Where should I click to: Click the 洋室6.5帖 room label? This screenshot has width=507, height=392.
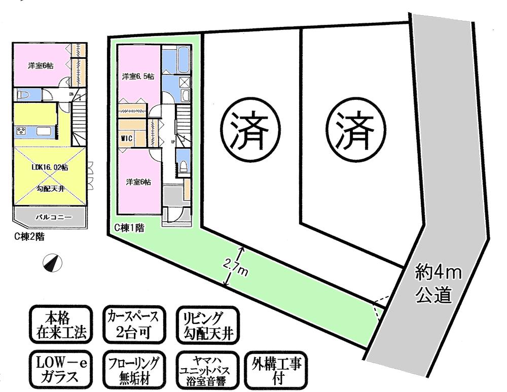(138, 77)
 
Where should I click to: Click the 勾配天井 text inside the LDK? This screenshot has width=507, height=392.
(50, 187)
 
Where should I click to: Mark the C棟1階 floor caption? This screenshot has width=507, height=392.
(129, 229)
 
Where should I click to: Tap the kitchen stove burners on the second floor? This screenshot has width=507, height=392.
(22, 131)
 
